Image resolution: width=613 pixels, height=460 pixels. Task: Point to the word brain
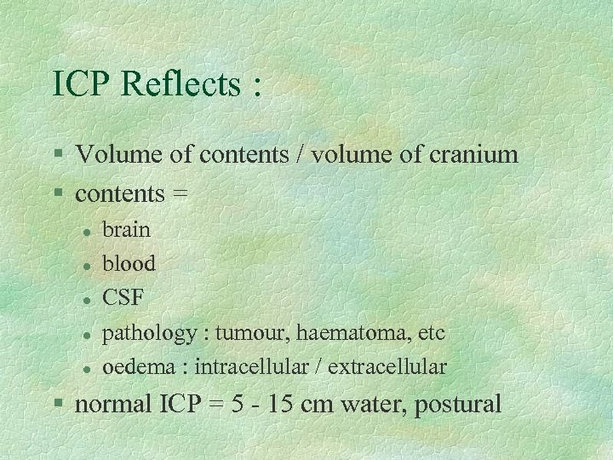click(x=126, y=229)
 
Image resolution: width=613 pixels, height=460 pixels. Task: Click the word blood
click(x=129, y=263)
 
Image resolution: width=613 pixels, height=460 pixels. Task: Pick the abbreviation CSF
click(x=123, y=298)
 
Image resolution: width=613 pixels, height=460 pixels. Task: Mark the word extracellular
click(x=387, y=367)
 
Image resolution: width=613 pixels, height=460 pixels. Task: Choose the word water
click(x=370, y=404)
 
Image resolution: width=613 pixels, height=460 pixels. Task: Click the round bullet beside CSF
click(x=87, y=299)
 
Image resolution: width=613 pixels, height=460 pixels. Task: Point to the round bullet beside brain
click(x=87, y=230)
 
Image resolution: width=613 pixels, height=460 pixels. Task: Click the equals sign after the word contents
click(x=180, y=194)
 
